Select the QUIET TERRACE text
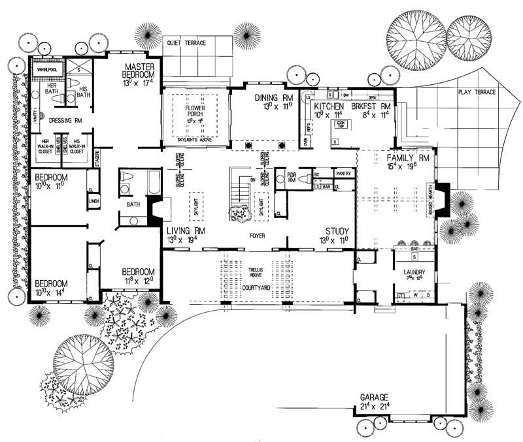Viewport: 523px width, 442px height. [186, 43]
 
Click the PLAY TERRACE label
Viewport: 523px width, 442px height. [477, 93]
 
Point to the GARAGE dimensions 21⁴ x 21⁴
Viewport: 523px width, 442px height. [373, 407]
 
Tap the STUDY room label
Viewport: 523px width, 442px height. [339, 231]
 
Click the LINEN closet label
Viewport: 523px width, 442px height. [93, 202]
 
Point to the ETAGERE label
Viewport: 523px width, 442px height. [97, 157]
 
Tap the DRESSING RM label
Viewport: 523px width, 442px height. [64, 120]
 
